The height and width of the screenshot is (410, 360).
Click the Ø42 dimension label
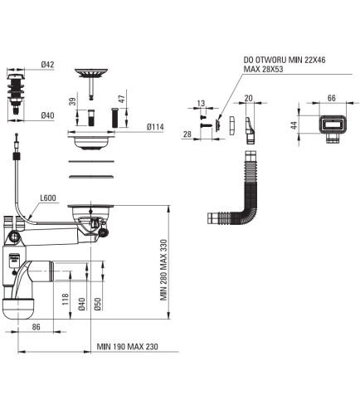(x=48, y=65)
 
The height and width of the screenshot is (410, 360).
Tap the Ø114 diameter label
(x=155, y=127)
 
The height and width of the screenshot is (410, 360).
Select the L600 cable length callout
(x=48, y=198)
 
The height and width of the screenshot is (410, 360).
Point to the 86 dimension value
(x=36, y=327)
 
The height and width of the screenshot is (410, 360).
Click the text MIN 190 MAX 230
(x=128, y=347)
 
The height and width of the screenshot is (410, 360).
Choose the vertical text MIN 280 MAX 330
(x=163, y=270)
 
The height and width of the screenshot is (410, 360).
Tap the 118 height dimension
(x=66, y=300)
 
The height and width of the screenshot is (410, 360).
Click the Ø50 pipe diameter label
(x=98, y=304)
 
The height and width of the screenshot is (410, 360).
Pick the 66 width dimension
(x=332, y=98)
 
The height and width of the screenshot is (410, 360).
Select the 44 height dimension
(x=294, y=125)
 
